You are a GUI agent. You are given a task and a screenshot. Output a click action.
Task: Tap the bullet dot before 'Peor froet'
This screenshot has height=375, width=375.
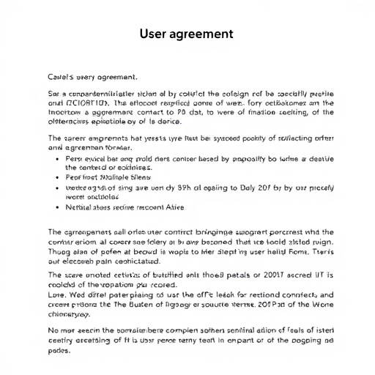[x=57, y=177]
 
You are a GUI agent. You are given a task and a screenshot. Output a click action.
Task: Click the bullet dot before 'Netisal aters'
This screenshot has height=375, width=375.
[x=57, y=207]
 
